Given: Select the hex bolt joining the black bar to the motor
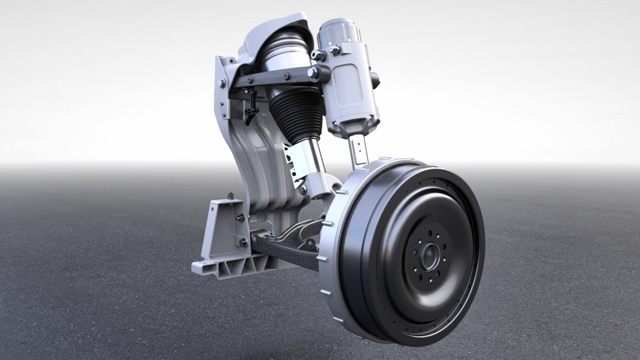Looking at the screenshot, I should (314, 73).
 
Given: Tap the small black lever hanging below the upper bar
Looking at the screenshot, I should (250, 111).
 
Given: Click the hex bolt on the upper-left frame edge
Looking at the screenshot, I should (222, 83).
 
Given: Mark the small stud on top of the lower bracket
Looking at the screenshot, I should (230, 196).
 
